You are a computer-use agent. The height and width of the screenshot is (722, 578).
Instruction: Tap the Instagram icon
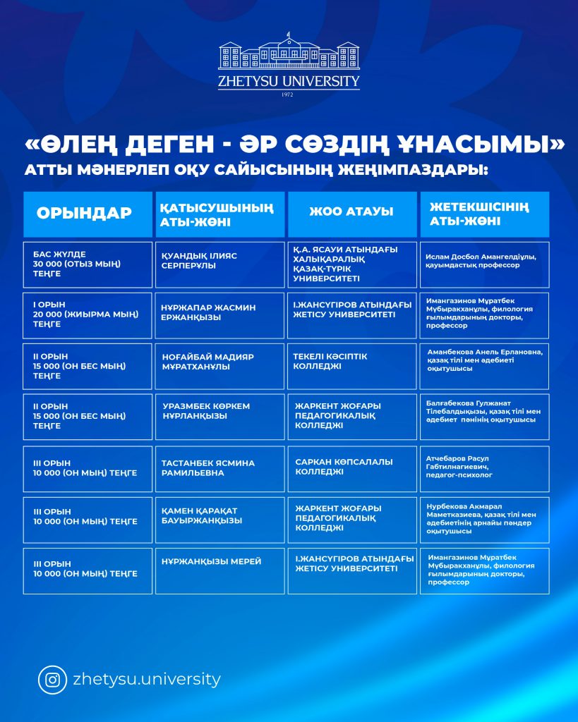52,680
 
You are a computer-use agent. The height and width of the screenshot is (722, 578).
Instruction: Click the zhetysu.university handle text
147,680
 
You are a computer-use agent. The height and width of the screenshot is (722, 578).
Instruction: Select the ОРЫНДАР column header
88,214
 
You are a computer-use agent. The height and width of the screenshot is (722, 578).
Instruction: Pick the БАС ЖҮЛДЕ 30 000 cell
88,264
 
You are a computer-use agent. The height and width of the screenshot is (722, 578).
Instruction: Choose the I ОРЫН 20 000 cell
88,314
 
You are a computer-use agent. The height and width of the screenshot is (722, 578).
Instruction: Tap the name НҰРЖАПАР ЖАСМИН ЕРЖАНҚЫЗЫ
219,312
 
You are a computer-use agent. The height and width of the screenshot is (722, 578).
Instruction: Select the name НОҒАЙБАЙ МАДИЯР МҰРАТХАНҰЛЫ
219,362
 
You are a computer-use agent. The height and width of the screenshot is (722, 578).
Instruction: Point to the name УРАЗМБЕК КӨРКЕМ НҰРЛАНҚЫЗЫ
219,412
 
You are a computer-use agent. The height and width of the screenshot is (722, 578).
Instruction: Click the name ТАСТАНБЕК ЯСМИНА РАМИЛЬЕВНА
219,468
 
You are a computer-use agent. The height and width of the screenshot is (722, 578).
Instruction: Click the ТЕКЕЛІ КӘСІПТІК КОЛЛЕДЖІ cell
351,362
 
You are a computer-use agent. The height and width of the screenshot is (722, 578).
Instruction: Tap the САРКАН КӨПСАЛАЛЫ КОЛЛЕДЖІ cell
351,467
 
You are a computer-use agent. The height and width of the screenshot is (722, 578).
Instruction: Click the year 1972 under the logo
287,94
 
